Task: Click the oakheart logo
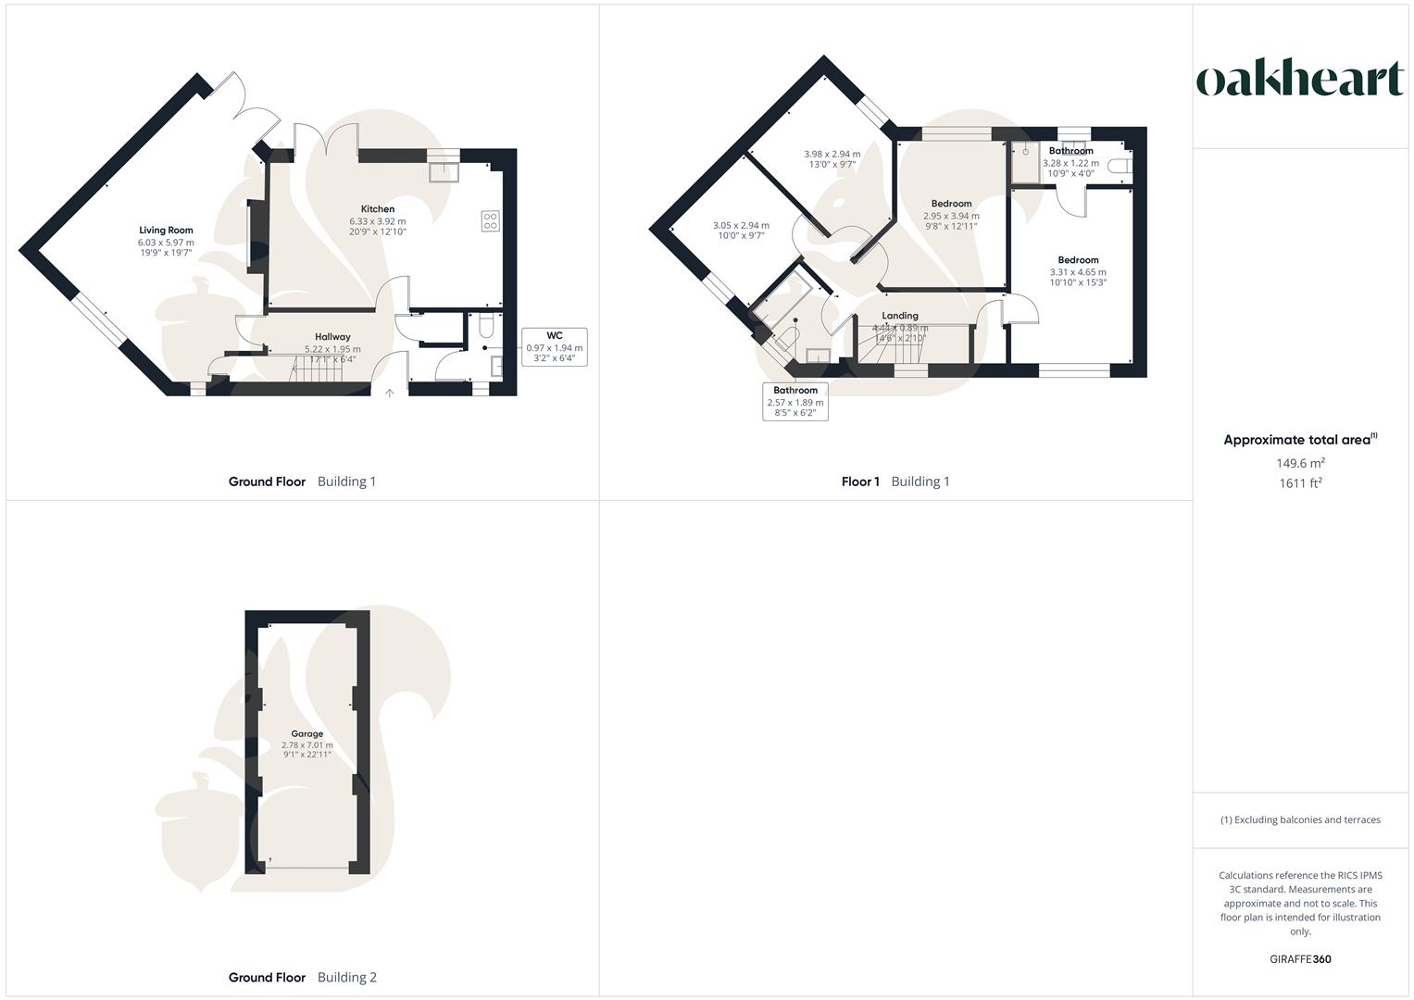(1300, 80)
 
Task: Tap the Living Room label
(167, 231)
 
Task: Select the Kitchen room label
(378, 209)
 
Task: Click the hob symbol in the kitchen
(490, 220)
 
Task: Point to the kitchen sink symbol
(444, 171)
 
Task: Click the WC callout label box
(554, 347)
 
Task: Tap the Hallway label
(332, 337)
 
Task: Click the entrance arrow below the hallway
(390, 393)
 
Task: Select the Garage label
(307, 733)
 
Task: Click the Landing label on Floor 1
(900, 316)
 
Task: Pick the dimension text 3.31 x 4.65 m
(1078, 272)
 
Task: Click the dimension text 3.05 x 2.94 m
(741, 225)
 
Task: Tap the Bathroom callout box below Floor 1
(795, 402)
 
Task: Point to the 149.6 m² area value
(1300, 463)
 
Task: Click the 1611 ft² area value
(1300, 483)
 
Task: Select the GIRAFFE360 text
(1300, 959)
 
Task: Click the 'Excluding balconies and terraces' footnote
(1300, 819)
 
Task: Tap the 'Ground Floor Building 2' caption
(303, 977)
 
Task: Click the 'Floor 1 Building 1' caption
(895, 481)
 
